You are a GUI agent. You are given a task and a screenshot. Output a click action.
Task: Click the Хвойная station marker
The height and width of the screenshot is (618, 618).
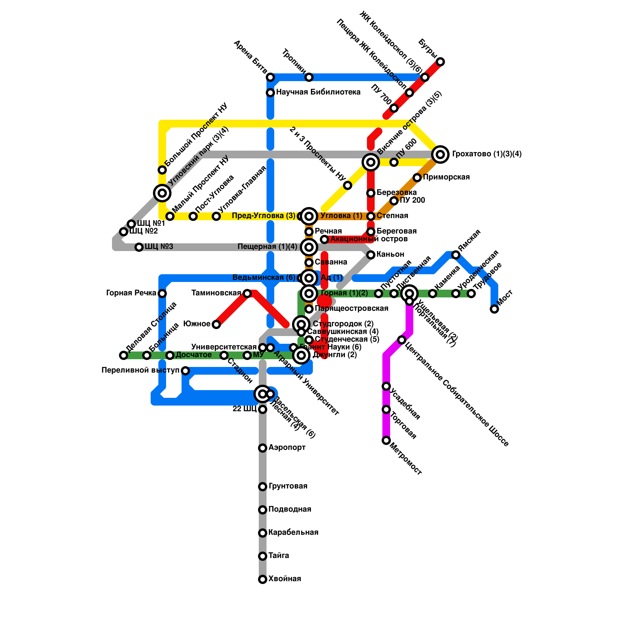point(263,579)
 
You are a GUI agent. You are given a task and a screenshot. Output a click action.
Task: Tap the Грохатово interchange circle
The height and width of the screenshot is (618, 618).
point(440,154)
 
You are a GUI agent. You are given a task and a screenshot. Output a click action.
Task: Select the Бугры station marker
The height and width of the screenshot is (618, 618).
point(440,62)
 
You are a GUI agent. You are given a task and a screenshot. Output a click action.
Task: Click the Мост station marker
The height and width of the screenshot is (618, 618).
point(494,309)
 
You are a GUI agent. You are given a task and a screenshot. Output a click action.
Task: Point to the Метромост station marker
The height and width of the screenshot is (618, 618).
point(386,440)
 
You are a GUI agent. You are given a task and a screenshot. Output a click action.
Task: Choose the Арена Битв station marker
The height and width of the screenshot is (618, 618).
point(270,77)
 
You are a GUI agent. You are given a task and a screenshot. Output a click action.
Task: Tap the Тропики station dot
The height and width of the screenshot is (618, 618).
point(309,77)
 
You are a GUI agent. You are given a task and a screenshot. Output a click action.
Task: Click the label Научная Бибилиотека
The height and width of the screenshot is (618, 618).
point(318,92)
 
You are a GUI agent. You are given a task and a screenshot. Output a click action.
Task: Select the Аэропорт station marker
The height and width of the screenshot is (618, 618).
point(263,448)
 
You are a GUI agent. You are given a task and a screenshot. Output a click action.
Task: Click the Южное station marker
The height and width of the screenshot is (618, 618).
point(216,324)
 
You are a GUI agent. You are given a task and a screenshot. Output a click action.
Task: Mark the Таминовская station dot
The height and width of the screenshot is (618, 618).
point(247,294)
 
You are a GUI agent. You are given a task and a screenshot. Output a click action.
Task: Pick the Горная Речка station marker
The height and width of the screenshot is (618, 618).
point(162,294)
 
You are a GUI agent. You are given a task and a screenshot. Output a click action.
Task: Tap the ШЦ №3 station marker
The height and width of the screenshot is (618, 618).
point(139,247)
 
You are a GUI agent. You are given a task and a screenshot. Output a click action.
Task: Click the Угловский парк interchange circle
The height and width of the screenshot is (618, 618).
point(162,193)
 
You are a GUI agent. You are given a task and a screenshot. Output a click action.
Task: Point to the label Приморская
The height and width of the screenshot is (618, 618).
point(446,177)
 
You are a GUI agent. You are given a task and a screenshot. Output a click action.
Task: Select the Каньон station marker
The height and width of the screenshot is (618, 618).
point(371,255)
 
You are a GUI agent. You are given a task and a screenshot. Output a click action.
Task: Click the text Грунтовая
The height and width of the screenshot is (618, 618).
point(288,486)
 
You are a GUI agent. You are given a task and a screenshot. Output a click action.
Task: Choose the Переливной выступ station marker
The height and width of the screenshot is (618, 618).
point(185,371)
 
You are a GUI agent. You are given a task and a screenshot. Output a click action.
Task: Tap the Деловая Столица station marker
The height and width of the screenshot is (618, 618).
point(124,355)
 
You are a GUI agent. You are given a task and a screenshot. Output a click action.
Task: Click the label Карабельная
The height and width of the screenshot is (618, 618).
point(293,533)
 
